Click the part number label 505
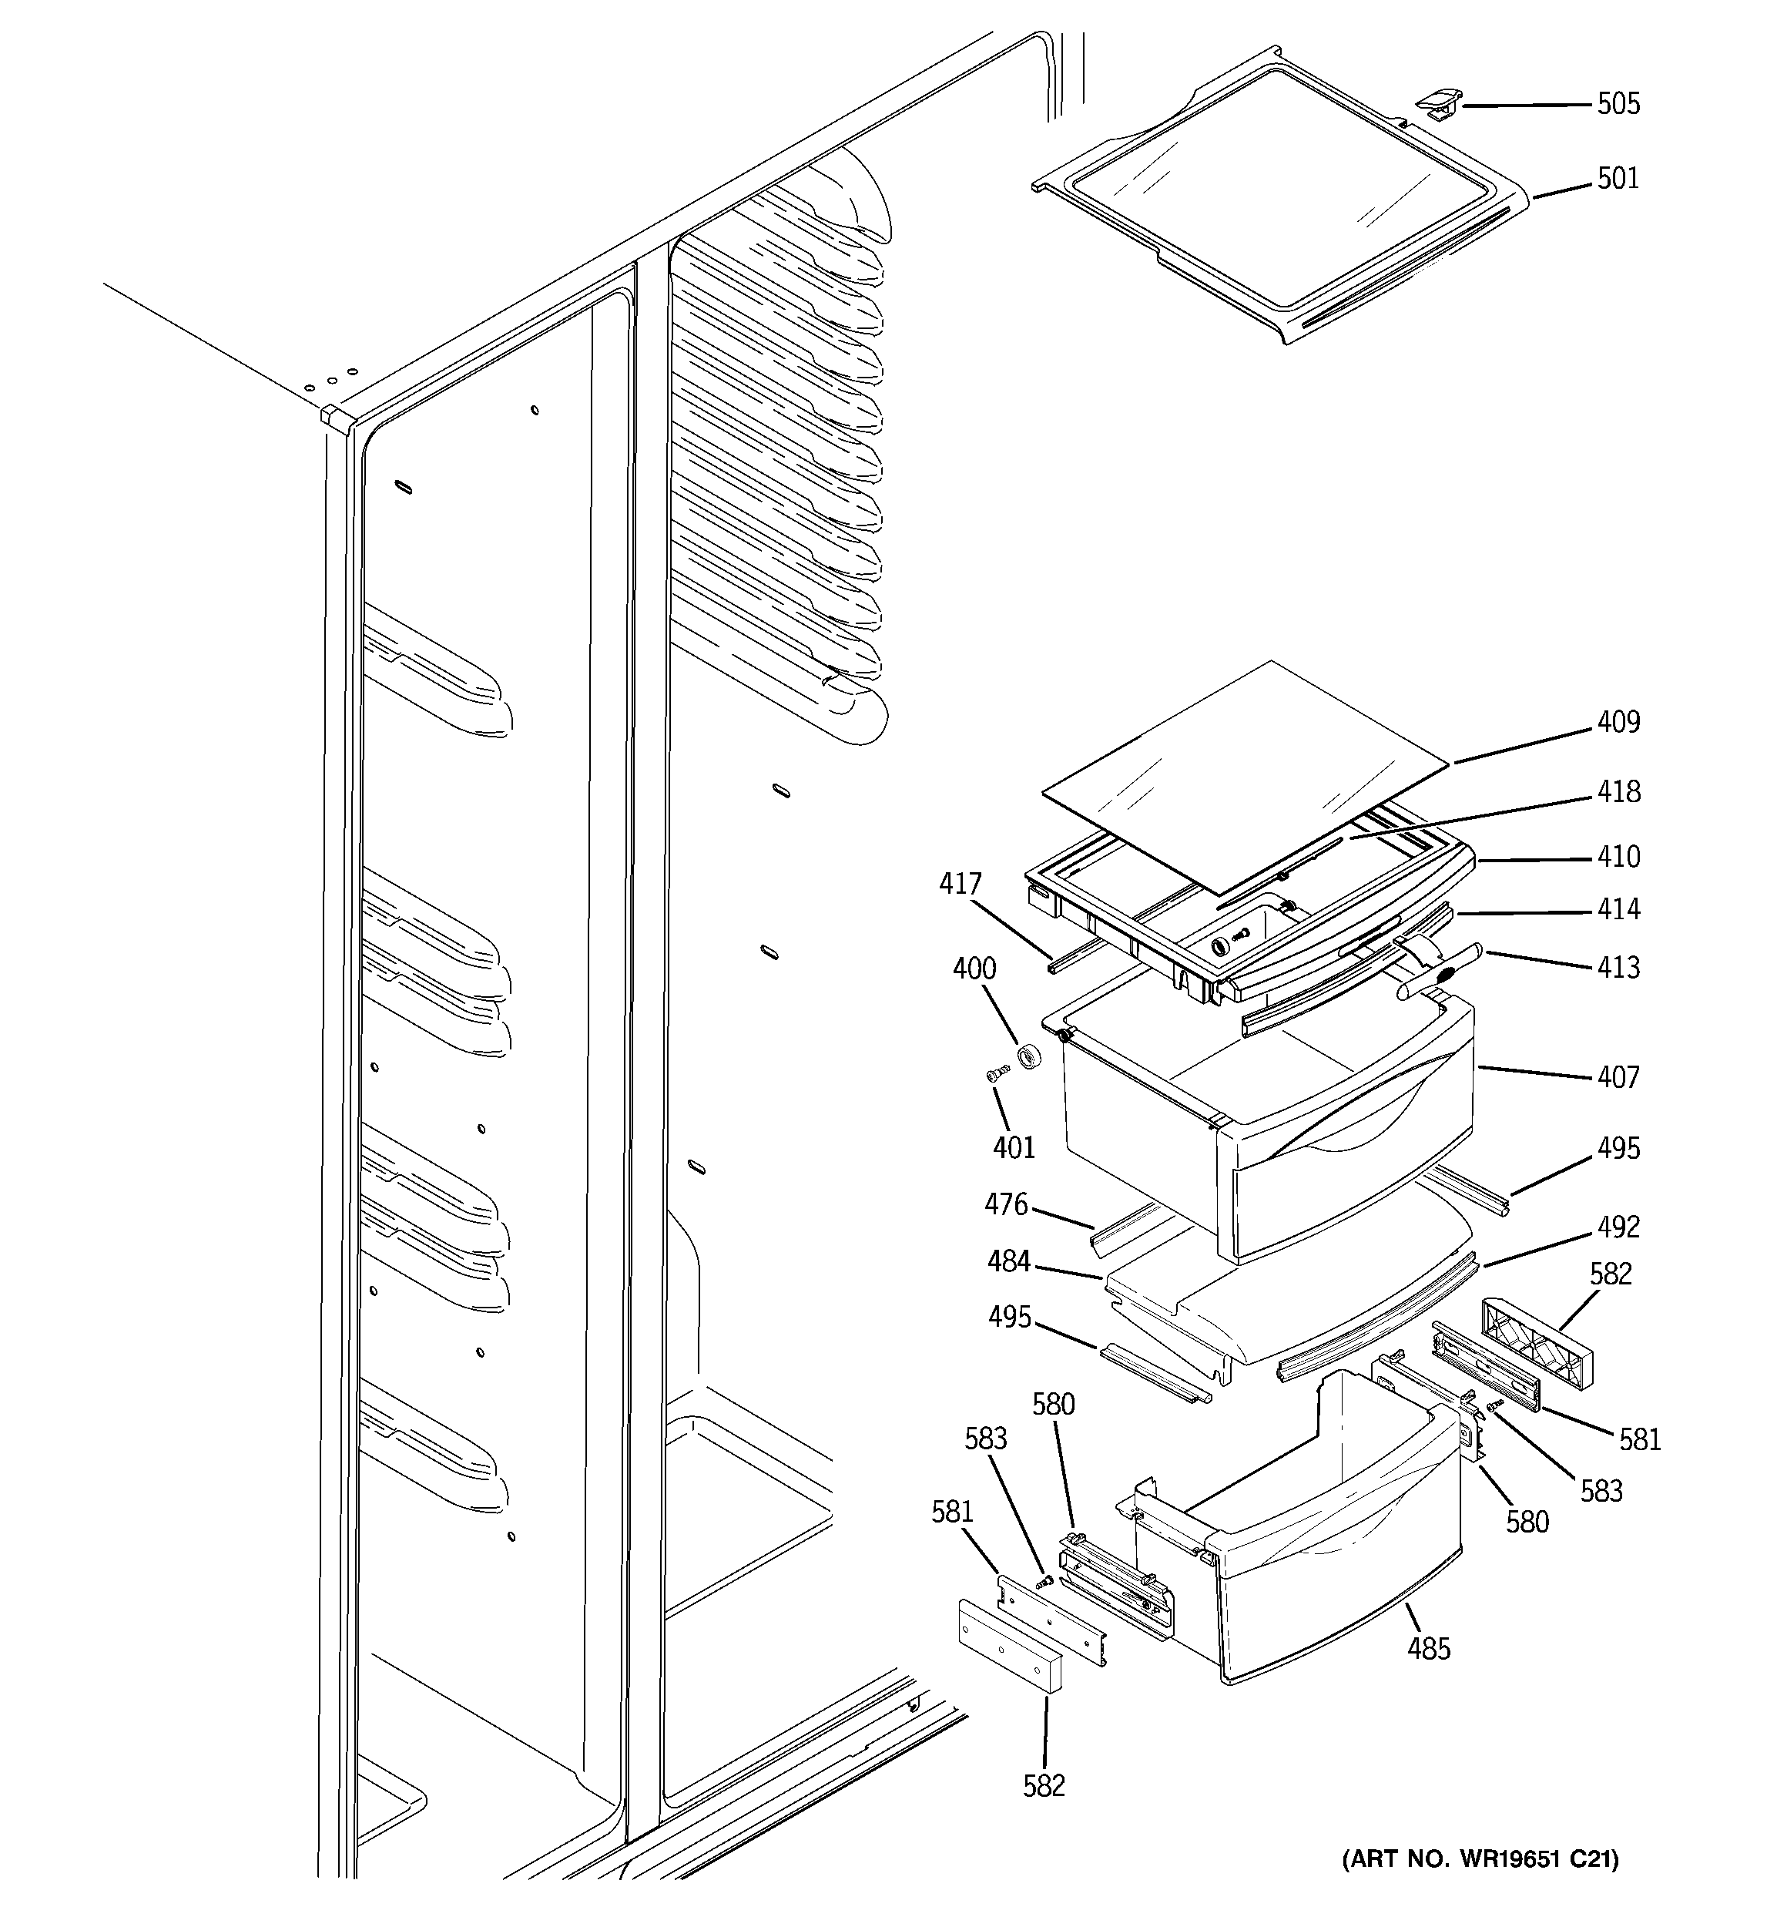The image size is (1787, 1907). (1618, 103)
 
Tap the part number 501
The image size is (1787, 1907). (1618, 179)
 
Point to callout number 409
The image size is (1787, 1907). (1618, 721)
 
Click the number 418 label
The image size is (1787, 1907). (1618, 791)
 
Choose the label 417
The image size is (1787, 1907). (961, 884)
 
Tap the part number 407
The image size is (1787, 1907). (1618, 1077)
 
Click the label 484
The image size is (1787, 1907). (1009, 1261)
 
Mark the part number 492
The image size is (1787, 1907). (1618, 1227)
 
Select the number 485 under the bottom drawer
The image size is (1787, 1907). (1428, 1649)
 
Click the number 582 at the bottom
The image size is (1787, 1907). (1044, 1785)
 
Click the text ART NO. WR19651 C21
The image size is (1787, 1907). (1479, 1859)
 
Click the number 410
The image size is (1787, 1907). (1618, 857)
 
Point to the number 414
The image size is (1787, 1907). (1618, 908)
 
